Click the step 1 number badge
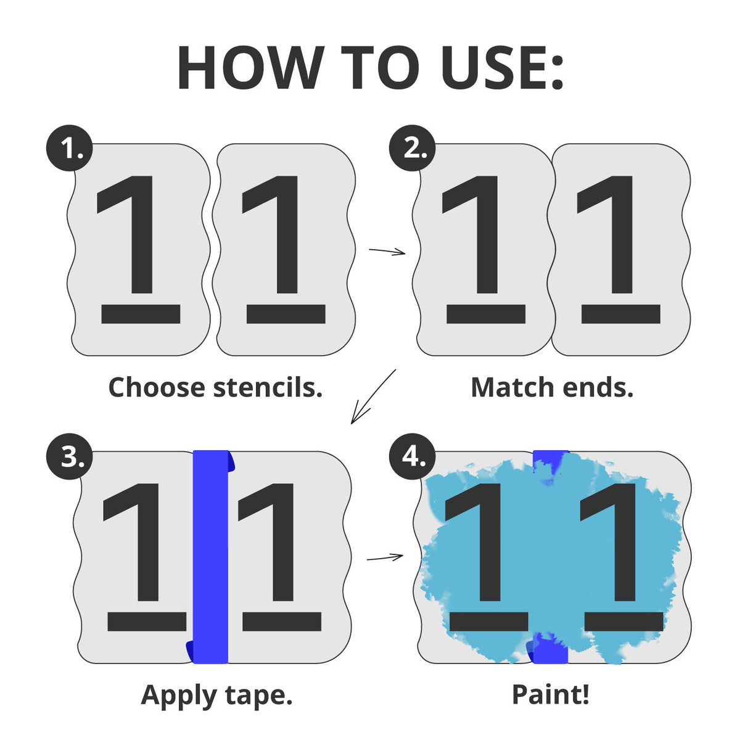tap(70, 148)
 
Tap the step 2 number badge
tap(412, 148)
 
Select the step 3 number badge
tap(70, 456)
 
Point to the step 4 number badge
tap(412, 456)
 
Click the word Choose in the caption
tap(157, 387)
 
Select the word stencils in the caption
tap(268, 387)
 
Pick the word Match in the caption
tap(512, 387)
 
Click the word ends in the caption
tap(598, 387)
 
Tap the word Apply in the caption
tap(179, 697)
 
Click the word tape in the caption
tap(259, 697)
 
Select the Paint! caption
tap(551, 695)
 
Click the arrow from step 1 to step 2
tap(387, 251)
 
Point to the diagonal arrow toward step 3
tap(372, 397)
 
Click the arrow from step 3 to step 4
tap(385, 557)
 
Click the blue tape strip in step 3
tap(210, 556)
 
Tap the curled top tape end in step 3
tap(231, 461)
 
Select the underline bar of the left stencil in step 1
tap(141, 314)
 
